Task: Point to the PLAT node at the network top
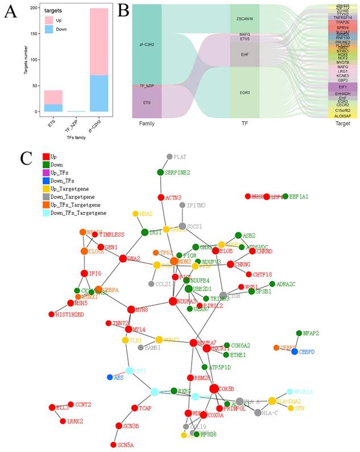pos(169,156)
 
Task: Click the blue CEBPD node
pos(295,352)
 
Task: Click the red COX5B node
pos(214,389)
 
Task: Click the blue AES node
pos(110,377)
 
